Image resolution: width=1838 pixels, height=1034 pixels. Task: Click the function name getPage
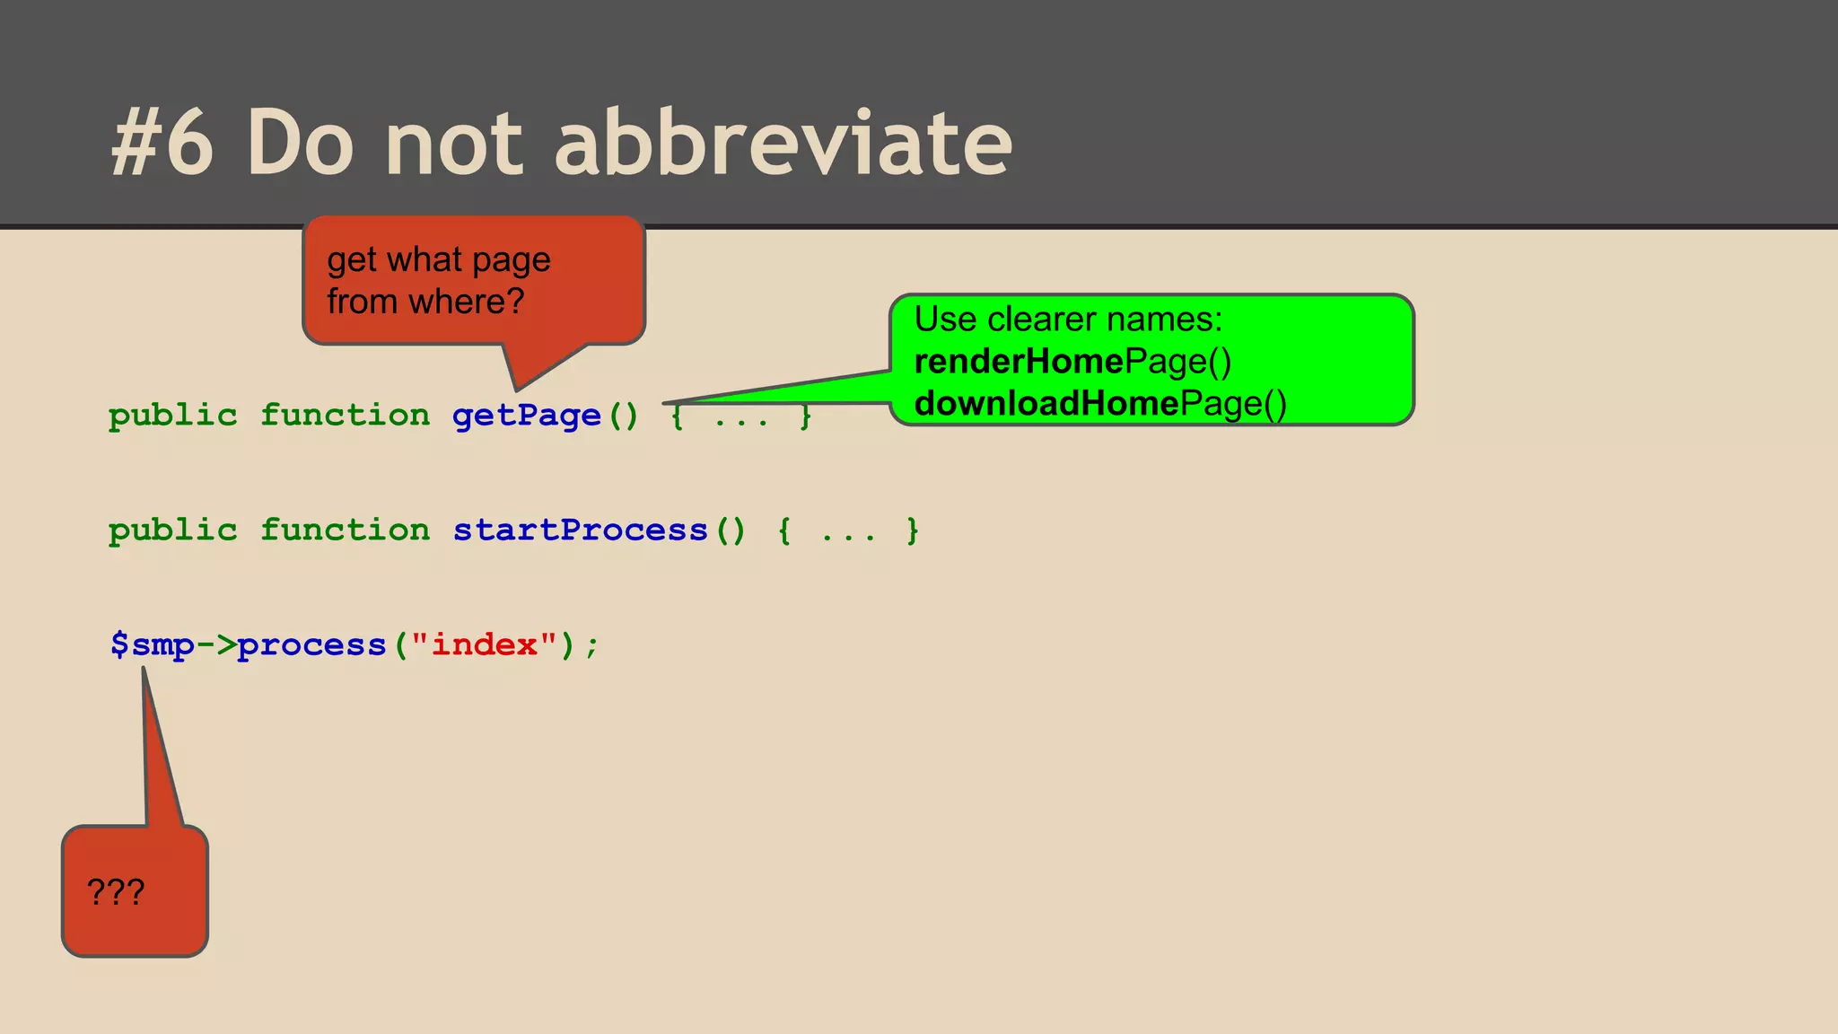pyautogui.click(x=527, y=416)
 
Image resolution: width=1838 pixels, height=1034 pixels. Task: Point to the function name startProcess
pyautogui.click(x=580, y=530)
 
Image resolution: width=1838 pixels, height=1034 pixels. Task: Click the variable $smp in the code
pyautogui.click(x=152, y=645)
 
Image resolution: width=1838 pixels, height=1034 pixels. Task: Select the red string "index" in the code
pyautogui.click(x=485, y=645)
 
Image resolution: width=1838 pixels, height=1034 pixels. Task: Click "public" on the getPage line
pyautogui.click(x=173, y=416)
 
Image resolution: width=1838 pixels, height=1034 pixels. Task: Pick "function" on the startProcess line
pyautogui.click(x=346, y=530)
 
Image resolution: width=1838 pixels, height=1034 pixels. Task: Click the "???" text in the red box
pyautogui.click(x=116, y=892)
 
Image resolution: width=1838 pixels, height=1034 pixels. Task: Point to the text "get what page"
pyautogui.click(x=439, y=260)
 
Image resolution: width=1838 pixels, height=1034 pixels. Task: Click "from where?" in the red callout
pyautogui.click(x=425, y=302)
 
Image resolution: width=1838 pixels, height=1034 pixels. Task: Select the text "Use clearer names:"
pyautogui.click(x=1068, y=320)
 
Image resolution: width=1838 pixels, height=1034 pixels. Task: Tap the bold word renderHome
pyautogui.click(x=1019, y=362)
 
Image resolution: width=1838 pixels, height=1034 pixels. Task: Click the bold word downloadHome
pyautogui.click(x=1046, y=404)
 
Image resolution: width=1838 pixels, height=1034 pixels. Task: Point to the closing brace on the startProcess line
pyautogui.click(x=913, y=530)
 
